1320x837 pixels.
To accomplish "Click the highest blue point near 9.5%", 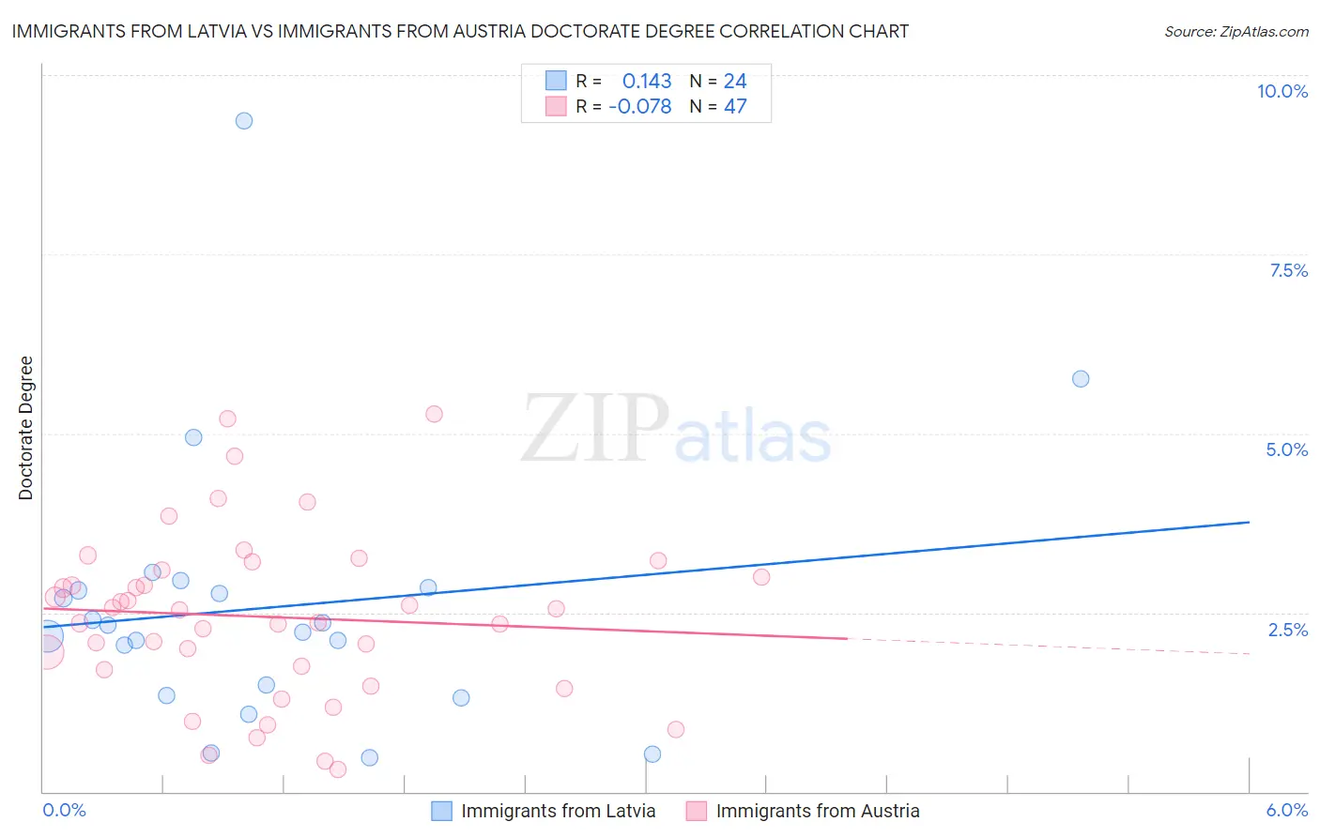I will click(244, 121).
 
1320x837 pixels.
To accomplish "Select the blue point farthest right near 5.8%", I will click(1081, 379).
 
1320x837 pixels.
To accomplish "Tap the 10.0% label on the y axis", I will click(1282, 91).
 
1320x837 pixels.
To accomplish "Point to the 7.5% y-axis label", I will click(1288, 270).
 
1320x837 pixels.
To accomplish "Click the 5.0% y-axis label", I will click(1286, 449).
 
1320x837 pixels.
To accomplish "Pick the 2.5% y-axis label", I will click(1287, 630).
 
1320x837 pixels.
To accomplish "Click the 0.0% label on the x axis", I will click(64, 810).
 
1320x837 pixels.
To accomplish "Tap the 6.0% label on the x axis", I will click(1286, 810).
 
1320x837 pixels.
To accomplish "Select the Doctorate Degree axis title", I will click(25, 428).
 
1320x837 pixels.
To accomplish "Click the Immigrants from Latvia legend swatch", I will click(441, 811).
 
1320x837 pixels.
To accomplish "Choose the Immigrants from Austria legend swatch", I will click(696, 811).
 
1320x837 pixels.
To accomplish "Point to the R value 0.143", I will click(647, 82).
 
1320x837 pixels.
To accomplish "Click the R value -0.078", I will click(640, 107).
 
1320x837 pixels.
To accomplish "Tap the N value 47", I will click(735, 107).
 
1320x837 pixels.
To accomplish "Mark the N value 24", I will click(735, 82).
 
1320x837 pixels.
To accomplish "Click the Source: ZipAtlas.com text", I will click(1236, 32).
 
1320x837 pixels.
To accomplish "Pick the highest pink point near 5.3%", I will click(434, 414).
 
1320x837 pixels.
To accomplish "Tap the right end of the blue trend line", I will click(1249, 522).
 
